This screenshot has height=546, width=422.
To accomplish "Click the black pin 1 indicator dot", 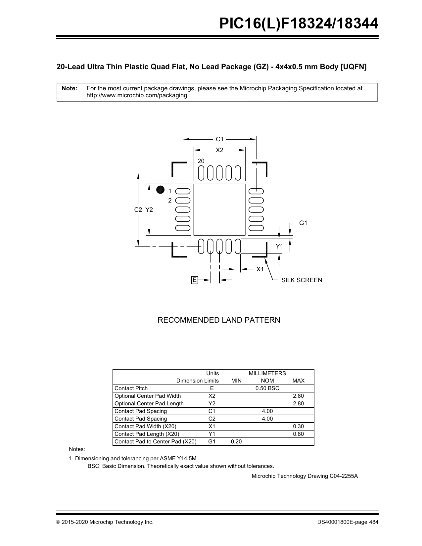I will coord(160,190).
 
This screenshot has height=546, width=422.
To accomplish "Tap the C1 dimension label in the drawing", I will coord(220,139).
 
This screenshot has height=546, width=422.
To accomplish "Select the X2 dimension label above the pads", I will coord(219,150).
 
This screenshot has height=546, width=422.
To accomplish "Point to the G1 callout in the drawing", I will coord(303,223).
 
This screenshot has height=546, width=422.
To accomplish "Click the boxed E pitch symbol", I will coord(195,280).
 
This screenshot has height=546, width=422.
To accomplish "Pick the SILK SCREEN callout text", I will coord(302,280).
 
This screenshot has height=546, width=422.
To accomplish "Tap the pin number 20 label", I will coord(201,161).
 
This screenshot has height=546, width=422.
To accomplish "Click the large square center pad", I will coord(219,210).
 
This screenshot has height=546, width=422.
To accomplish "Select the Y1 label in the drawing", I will coord(280,247).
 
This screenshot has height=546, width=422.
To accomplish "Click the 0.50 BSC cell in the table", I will coord(267,388).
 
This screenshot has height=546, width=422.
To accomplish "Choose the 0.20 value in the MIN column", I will coord(236,442).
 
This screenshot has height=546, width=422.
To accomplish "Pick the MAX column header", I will coord(299,381).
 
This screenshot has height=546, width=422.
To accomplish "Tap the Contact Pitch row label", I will coord(131,388).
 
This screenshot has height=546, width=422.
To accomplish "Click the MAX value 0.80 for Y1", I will coord(299,434).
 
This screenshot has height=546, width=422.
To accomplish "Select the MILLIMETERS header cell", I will coord(267,373).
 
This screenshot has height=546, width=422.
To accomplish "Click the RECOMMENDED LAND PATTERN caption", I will coord(219,320).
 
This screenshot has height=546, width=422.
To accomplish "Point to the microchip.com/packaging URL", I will coord(137,96).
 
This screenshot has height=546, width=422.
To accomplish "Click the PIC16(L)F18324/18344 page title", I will coord(299,24).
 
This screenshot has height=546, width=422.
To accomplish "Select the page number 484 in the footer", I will coord(374,522).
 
